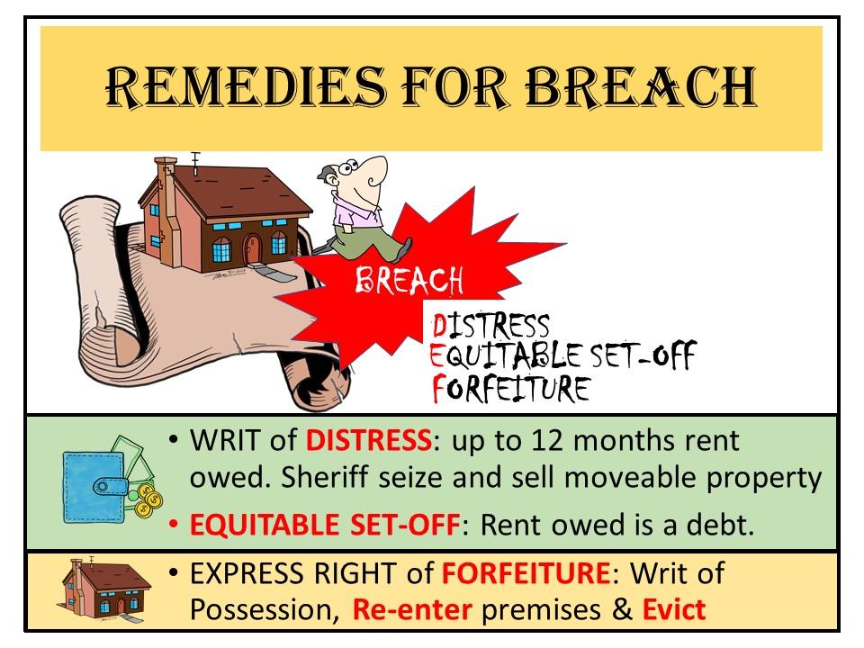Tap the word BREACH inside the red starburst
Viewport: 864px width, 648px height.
coord(409,282)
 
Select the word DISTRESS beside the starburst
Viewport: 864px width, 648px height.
coord(490,327)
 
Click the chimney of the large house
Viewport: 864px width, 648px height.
coord(166,175)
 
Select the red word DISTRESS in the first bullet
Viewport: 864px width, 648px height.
coord(367,442)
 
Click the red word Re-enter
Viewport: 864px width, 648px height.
coord(411,609)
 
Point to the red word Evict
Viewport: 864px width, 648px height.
coord(673,609)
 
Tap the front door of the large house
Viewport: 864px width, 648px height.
coord(254,244)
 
